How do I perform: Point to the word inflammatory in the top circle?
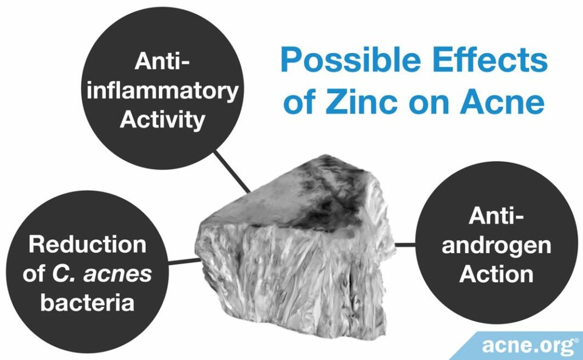coord(162,91)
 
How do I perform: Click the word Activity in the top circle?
coord(162,119)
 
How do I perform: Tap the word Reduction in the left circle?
coord(87,245)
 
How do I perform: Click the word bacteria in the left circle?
coord(87,302)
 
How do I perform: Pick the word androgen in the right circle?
coord(496,245)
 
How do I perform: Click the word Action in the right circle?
coord(496,274)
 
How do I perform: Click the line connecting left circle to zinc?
coord(184,262)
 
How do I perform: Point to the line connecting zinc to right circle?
coord(405,245)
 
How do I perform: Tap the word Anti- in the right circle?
coord(496,217)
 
